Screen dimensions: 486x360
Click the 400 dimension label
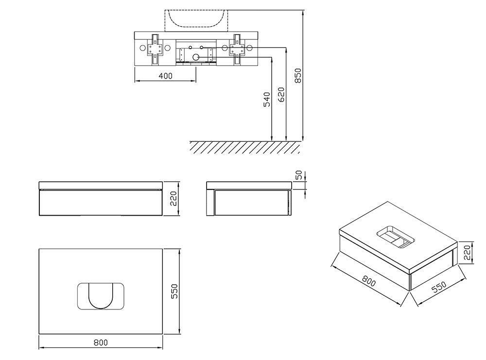tap(166, 76)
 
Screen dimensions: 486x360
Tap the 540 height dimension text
tap(267, 99)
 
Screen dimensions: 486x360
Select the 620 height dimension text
tap(281, 95)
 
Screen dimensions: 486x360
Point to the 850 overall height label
tap(297, 76)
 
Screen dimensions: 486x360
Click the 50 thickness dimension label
tap(299, 175)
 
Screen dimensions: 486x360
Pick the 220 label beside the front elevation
tap(173, 199)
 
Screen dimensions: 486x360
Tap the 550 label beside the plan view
tap(175, 291)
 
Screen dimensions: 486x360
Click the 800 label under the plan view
tap(101, 343)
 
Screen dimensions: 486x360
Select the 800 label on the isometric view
tap(369, 281)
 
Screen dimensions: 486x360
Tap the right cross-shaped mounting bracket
tap(237, 49)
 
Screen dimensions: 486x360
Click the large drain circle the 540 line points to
tap(195, 57)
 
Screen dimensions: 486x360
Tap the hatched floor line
tap(245, 147)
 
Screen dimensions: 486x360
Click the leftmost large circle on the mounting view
tap(142, 48)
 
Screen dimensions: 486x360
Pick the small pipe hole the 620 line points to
tap(202, 48)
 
